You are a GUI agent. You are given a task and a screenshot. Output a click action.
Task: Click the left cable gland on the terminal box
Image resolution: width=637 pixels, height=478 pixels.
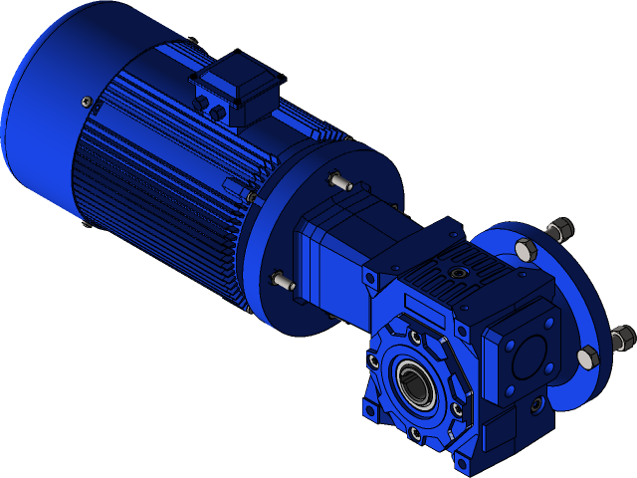tap(201, 103)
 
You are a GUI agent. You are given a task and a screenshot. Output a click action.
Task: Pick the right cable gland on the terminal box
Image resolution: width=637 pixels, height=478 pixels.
tap(217, 114)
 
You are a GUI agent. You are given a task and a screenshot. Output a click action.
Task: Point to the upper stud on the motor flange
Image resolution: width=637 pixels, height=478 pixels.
tap(338, 182)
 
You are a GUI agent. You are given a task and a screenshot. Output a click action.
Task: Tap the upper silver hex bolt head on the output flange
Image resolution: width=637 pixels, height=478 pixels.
tap(525, 249)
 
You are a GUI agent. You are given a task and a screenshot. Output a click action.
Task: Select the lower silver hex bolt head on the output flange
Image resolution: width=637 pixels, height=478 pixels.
tap(587, 357)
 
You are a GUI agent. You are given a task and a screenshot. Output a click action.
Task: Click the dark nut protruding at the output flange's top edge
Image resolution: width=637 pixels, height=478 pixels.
tap(560, 230)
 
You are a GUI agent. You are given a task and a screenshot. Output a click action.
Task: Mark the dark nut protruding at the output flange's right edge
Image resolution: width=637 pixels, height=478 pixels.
tap(621, 338)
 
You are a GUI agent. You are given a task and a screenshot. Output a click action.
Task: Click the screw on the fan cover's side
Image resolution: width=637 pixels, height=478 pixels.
tap(87, 103)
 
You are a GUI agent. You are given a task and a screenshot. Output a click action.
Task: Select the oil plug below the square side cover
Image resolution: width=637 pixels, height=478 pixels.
tap(536, 404)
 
